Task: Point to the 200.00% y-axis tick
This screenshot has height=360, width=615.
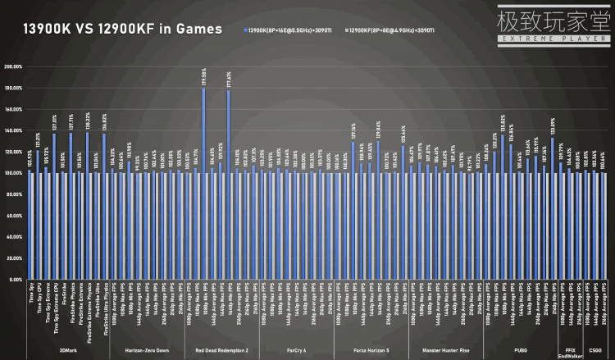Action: (x=12, y=66)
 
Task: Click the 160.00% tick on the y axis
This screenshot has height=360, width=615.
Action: (x=12, y=109)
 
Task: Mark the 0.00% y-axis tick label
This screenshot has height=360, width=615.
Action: (x=14, y=280)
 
